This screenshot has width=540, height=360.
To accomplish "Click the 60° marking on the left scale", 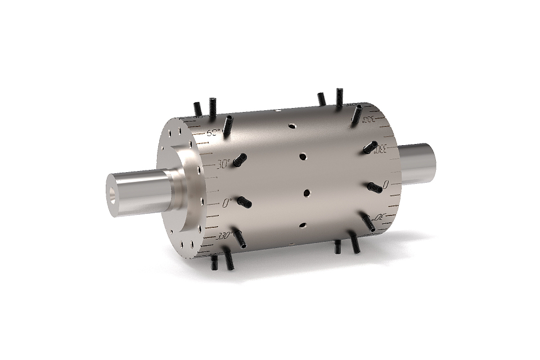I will tap(214, 134).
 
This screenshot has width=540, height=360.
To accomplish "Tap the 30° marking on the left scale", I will tap(224, 165).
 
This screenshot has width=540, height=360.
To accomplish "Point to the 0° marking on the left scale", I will tap(228, 204).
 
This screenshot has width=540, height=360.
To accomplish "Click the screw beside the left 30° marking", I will tap(240, 160).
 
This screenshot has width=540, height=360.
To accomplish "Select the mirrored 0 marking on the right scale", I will tap(385, 184).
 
